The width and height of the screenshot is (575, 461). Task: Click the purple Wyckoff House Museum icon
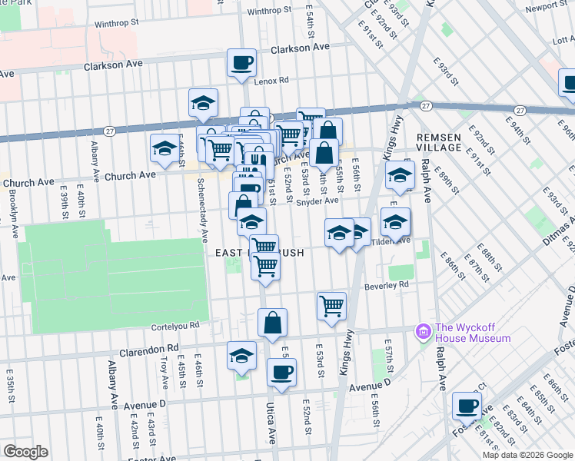pos(423,331)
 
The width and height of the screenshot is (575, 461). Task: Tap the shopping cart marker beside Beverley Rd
pos(331,305)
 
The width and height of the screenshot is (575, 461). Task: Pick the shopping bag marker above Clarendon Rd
pos(272,322)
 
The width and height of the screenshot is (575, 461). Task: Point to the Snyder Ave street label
pos(318,201)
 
